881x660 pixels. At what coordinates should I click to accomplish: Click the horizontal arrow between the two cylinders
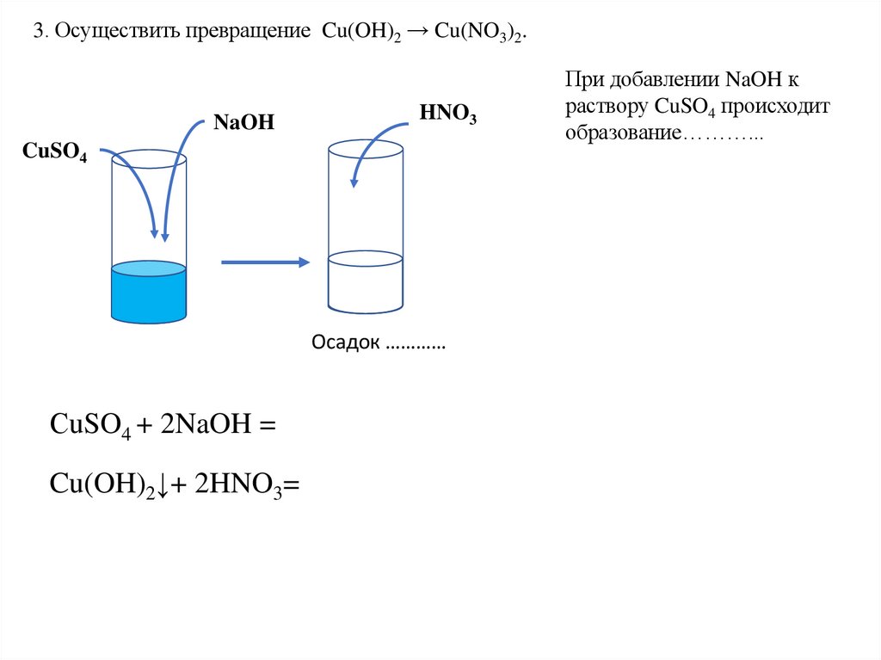click(265, 262)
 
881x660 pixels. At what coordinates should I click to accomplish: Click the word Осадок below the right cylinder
click(345, 342)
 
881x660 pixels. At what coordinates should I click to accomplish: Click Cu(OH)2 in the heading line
click(360, 34)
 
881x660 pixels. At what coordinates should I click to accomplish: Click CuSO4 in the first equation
click(90, 425)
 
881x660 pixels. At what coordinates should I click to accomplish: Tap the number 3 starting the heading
click(37, 33)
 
